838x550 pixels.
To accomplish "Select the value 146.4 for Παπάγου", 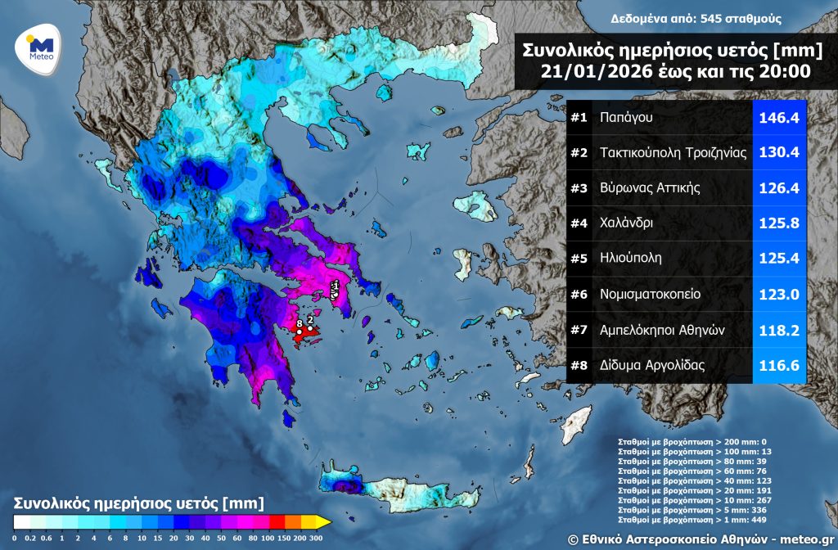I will [x=779, y=118].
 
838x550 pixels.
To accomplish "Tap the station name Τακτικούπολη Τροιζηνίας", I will [x=674, y=153].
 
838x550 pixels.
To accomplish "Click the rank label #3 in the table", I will [x=579, y=188].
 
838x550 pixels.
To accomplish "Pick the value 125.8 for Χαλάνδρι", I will [x=779, y=223].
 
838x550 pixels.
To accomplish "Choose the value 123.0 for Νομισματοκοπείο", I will [x=779, y=294].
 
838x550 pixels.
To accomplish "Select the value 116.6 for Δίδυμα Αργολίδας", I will [x=779, y=365].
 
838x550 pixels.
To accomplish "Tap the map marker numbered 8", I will [x=300, y=325].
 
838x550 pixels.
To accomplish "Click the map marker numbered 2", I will [x=311, y=320].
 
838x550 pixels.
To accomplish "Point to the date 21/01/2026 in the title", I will [x=591, y=72].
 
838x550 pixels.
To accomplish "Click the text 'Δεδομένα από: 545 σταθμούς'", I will [x=696, y=18].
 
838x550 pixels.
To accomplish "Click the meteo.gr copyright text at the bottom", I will [x=701, y=538].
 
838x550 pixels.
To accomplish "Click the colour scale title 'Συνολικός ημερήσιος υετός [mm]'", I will [x=138, y=501].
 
